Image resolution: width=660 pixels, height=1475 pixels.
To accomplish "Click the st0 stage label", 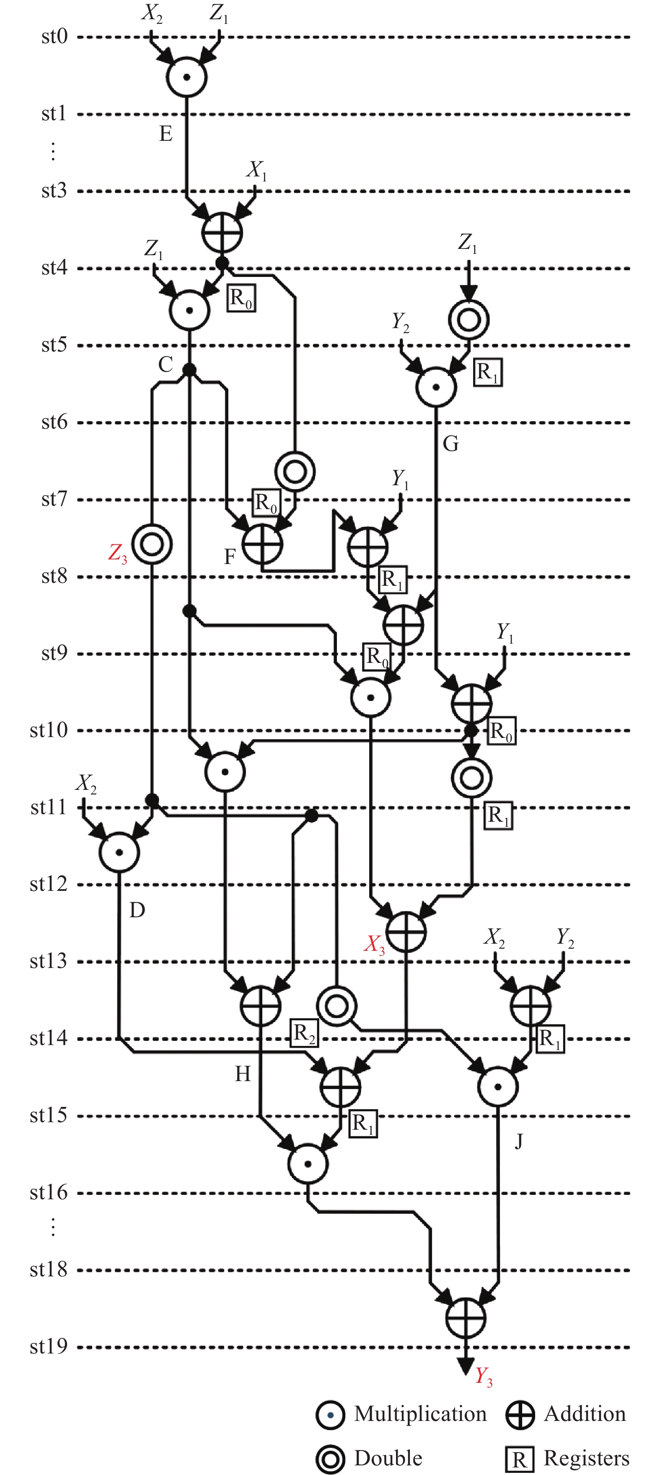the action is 54,36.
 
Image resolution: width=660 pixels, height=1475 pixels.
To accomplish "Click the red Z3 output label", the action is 118,553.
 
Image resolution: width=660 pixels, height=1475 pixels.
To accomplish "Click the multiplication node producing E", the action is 186,77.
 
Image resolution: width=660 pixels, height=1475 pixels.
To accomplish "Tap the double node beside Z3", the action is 152,544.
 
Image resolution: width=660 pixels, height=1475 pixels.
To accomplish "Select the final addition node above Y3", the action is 466,1317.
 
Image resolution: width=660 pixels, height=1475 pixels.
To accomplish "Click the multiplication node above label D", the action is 119,852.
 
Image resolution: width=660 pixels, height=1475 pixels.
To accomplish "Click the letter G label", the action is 450,444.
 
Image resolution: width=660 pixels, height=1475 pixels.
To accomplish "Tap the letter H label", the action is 243,1074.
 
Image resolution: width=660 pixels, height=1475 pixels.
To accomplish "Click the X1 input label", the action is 257,171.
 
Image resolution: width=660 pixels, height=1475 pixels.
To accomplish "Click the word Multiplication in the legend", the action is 420,1414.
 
